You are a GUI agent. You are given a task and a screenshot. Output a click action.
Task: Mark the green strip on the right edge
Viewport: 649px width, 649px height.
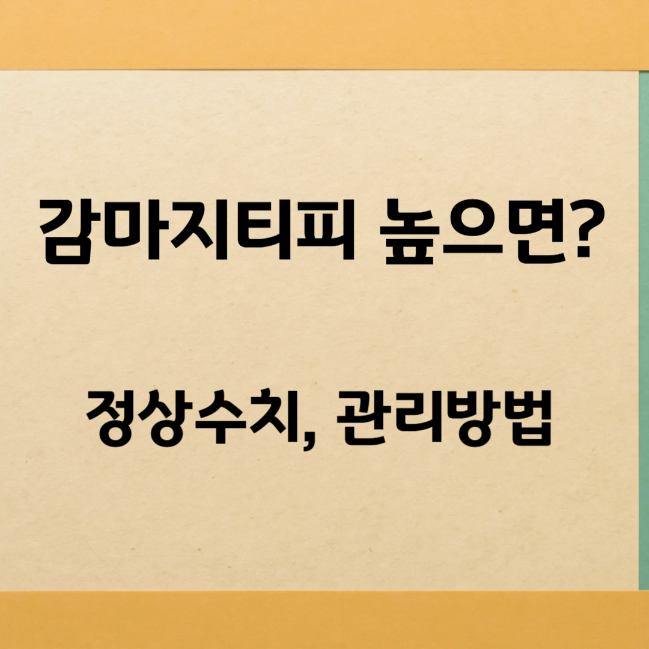pos(643,331)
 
